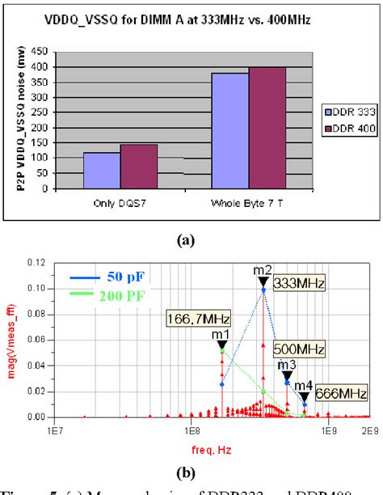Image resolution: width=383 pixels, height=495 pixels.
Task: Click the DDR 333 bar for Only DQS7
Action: pos(102,170)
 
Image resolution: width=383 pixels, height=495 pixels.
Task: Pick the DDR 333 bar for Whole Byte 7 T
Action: pos(229,130)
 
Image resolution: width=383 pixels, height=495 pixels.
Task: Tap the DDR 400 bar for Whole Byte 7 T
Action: pos(267,128)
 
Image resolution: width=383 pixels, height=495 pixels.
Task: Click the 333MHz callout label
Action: pos(297,285)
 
